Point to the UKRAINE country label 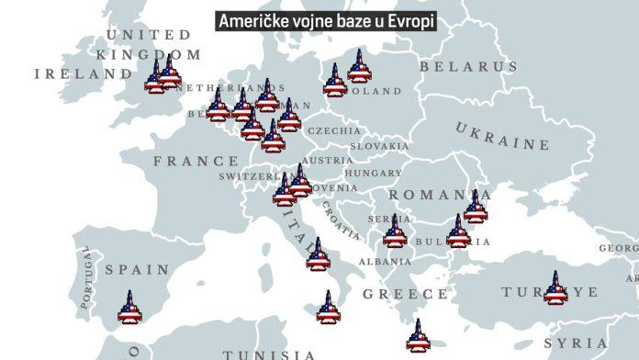coord(503,135)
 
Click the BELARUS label coord(468,67)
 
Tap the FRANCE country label coord(196,161)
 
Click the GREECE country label coord(405,294)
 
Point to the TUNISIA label coord(269,354)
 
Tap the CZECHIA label coord(334,131)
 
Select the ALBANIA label coord(378,262)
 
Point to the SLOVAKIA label coord(378,146)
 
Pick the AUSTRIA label coord(327,160)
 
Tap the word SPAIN coord(138,270)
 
